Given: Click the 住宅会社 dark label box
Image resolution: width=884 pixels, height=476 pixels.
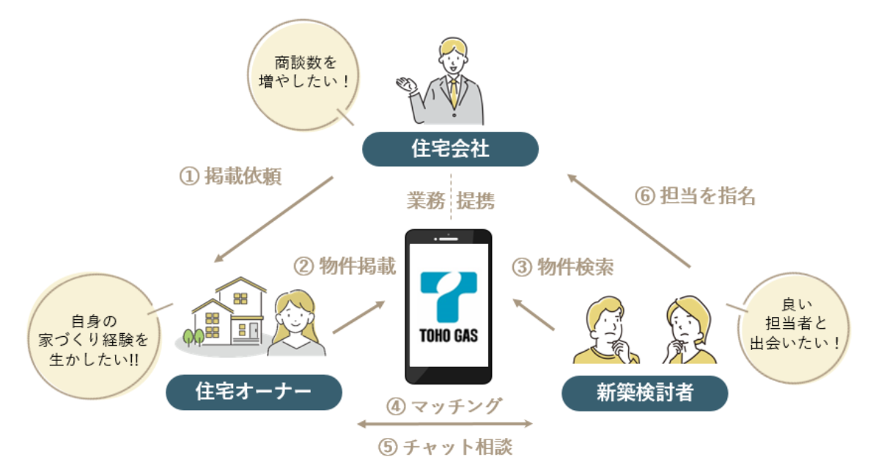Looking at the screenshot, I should tap(451, 149).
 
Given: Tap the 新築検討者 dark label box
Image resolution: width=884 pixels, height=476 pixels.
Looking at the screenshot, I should tap(644, 393).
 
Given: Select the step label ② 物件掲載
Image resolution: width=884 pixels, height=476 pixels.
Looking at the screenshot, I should tap(345, 267).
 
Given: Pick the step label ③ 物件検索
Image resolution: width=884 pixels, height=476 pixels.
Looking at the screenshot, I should tap(562, 267).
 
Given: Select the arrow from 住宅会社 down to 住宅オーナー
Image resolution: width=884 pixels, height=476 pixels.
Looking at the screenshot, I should tap(275, 218).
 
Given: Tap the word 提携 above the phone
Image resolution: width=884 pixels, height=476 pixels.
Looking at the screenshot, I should tap(476, 201).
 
